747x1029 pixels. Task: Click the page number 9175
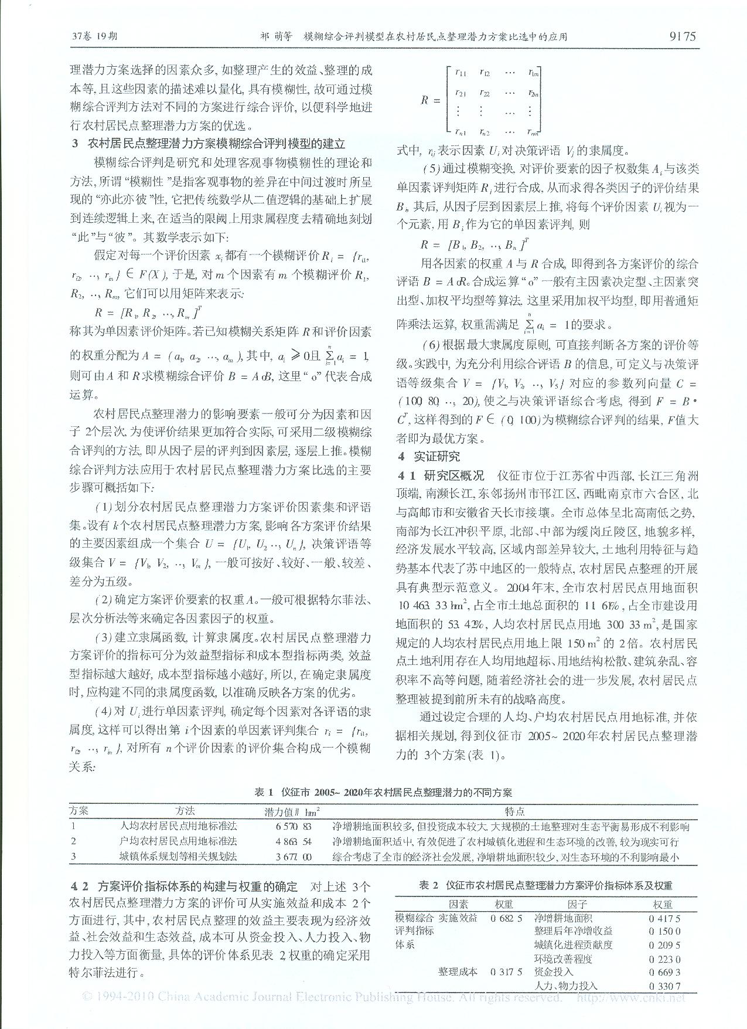pyautogui.click(x=682, y=36)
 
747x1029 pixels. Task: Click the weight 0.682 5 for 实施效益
pyautogui.click(x=506, y=918)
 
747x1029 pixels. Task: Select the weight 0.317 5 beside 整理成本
pyautogui.click(x=506, y=972)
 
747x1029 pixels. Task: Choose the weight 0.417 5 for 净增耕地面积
pyautogui.click(x=664, y=918)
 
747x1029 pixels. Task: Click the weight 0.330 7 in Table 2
pyautogui.click(x=664, y=986)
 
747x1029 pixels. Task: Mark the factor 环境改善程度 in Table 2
pyautogui.click(x=563, y=959)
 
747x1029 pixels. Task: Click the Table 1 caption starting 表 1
pyautogui.click(x=383, y=792)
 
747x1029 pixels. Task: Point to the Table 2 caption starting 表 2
pyautogui.click(x=545, y=886)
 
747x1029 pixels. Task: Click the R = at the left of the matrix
pyautogui.click(x=431, y=100)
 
